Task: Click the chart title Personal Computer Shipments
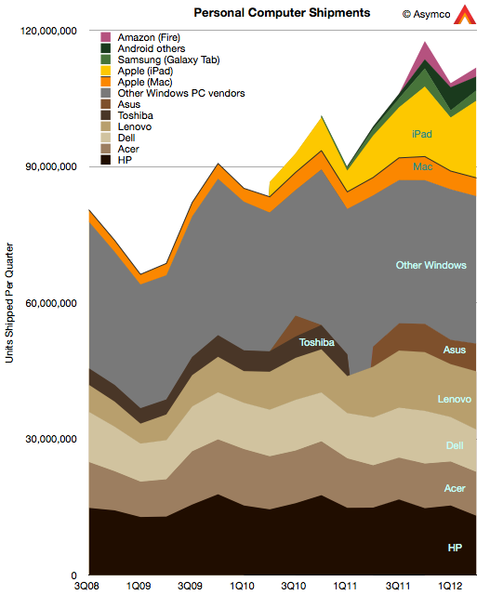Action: (282, 13)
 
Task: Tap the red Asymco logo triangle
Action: (465, 15)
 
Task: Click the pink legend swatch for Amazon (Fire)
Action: (105, 37)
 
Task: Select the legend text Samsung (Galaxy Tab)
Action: (168, 59)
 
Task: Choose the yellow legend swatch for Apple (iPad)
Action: (105, 71)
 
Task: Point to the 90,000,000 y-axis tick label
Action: (51, 166)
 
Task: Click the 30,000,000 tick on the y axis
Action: (51, 439)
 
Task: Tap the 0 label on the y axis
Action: (73, 575)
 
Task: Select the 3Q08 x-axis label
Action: (86, 586)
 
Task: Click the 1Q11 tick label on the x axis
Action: (345, 586)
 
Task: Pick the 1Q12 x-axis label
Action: (450, 586)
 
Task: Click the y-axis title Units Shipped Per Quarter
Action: (9, 303)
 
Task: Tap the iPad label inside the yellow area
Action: (422, 134)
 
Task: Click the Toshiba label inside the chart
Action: (317, 342)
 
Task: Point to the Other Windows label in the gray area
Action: (431, 265)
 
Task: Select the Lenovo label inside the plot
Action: (455, 399)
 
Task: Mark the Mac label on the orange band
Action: (422, 166)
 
